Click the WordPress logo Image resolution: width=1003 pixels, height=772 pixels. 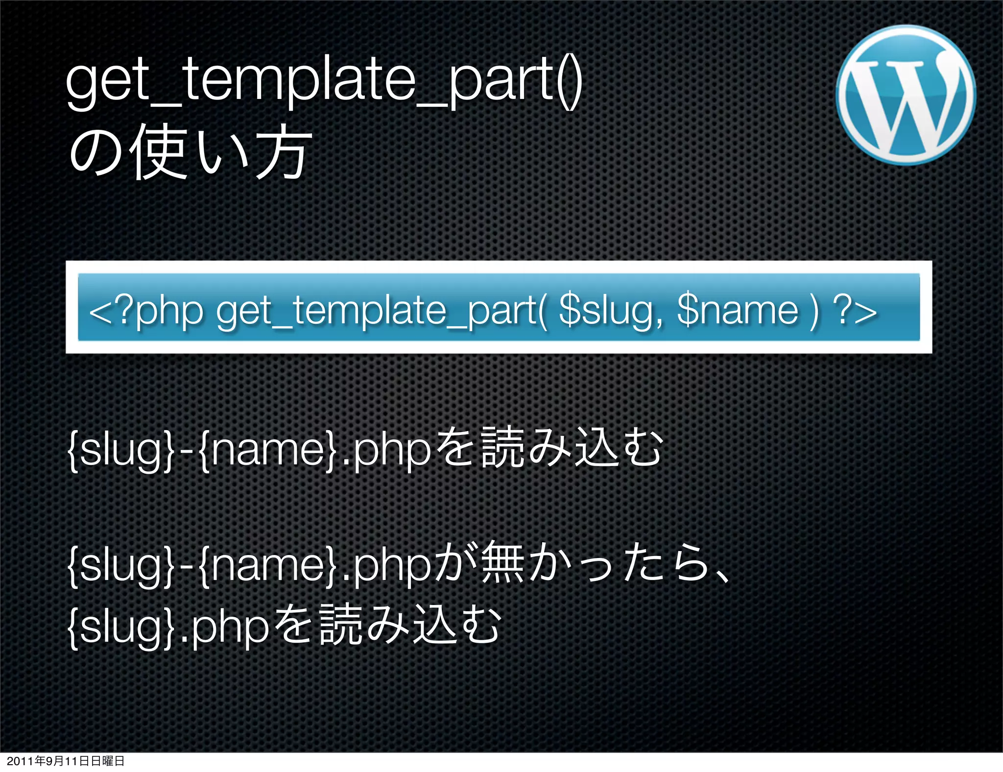click(906, 95)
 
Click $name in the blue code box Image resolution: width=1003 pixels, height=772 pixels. click(738, 311)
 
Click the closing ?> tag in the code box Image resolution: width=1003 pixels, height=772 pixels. click(855, 311)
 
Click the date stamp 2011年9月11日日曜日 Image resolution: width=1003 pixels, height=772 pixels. click(66, 761)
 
